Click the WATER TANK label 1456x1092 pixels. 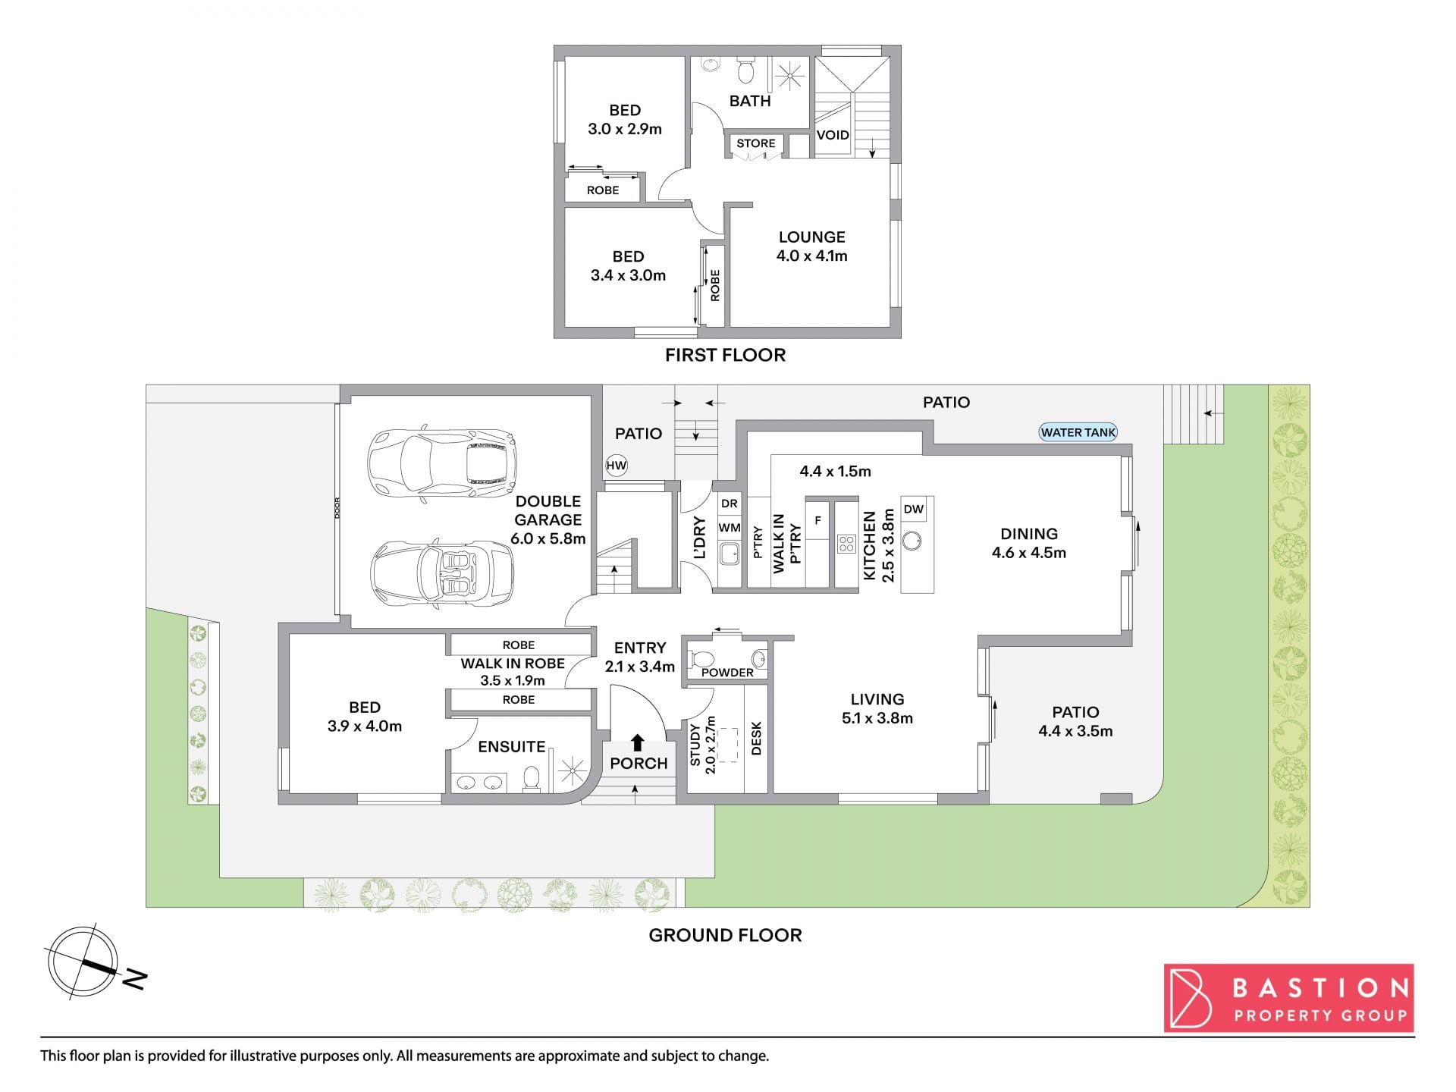point(1078,432)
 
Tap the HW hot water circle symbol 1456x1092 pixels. point(617,466)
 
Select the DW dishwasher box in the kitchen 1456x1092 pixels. point(914,509)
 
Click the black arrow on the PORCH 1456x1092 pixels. point(638,742)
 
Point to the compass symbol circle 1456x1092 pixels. point(83,962)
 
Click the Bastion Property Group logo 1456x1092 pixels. point(1289,998)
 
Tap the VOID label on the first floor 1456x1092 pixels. point(833,135)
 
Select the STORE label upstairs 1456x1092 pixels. point(756,143)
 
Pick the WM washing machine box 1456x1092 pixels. point(730,528)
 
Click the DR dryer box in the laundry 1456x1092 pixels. point(730,504)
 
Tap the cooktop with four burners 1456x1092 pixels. point(846,543)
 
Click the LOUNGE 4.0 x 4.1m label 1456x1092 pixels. point(811,246)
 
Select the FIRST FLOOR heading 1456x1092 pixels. point(725,355)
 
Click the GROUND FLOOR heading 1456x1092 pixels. point(725,935)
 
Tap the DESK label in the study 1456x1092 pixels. point(756,738)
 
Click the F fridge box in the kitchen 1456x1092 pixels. point(817,521)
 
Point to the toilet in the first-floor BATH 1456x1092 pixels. point(746,71)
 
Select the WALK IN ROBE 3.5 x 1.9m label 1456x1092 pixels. point(513,672)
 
